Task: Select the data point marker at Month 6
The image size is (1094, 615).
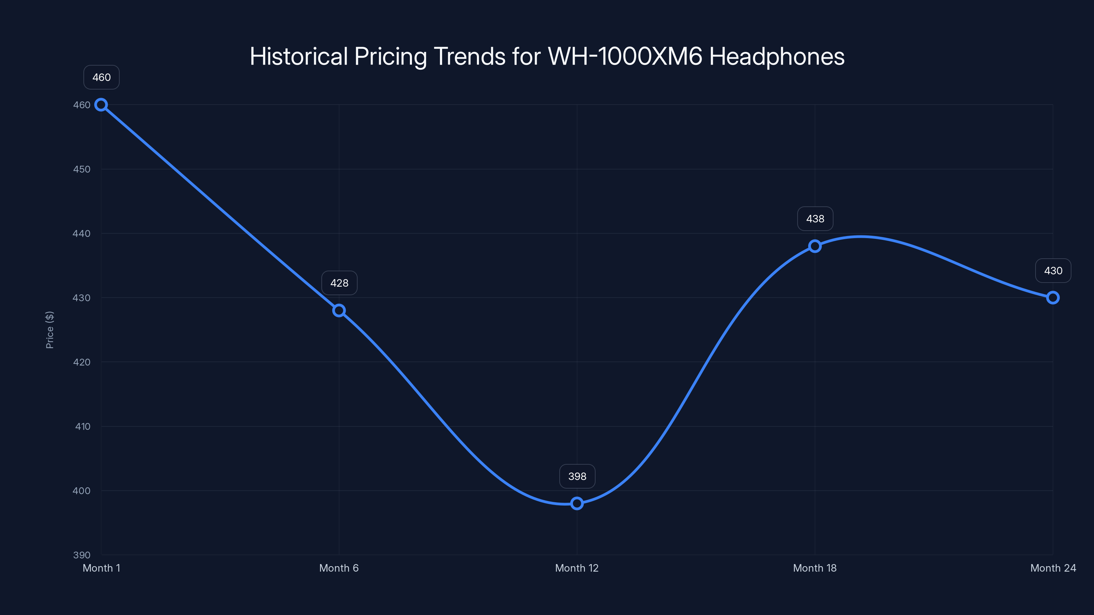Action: click(x=339, y=311)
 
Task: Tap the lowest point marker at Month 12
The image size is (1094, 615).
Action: click(x=577, y=504)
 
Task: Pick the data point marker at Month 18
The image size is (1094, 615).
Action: click(x=815, y=246)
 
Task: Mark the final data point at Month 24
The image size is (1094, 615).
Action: click(x=1053, y=298)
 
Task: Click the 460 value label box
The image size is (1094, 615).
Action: click(x=102, y=77)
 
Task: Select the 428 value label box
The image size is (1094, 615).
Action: click(x=339, y=283)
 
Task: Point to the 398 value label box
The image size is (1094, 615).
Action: click(x=577, y=476)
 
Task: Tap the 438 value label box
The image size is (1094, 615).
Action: click(x=815, y=219)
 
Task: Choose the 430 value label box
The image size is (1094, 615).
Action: click(x=1053, y=271)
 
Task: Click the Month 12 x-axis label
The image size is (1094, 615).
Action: click(x=577, y=568)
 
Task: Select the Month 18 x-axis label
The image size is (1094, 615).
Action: click(x=815, y=568)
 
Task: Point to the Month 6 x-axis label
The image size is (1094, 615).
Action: click(x=339, y=568)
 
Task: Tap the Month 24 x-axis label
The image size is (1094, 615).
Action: click(x=1053, y=568)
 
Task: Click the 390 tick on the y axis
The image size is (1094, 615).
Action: click(x=82, y=555)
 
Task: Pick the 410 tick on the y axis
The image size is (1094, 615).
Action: click(x=82, y=426)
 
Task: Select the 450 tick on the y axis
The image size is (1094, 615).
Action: click(x=82, y=169)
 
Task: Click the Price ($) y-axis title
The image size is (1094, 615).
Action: click(x=50, y=330)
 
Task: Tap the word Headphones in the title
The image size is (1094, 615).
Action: click(x=776, y=56)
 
